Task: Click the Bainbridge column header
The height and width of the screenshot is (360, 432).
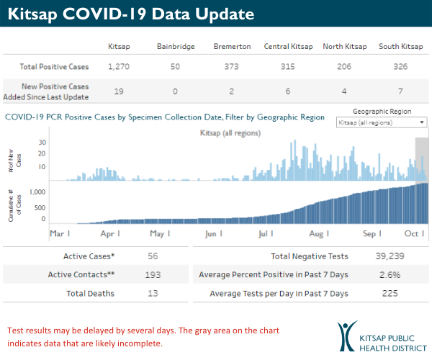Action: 175,47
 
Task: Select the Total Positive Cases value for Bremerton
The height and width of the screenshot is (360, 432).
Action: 232,67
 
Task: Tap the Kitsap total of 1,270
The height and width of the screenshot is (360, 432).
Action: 118,67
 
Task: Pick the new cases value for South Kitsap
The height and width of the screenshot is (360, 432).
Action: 400,91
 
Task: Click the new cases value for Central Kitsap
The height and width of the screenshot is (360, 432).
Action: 288,91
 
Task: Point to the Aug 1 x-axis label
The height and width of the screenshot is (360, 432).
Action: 318,234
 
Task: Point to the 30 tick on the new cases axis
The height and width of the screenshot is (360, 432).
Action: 42,142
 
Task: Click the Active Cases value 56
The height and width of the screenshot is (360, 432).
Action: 153,256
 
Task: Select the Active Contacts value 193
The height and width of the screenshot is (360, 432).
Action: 153,274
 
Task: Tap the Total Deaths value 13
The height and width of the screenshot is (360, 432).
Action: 153,293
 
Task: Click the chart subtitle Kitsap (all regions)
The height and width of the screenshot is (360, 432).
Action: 230,133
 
